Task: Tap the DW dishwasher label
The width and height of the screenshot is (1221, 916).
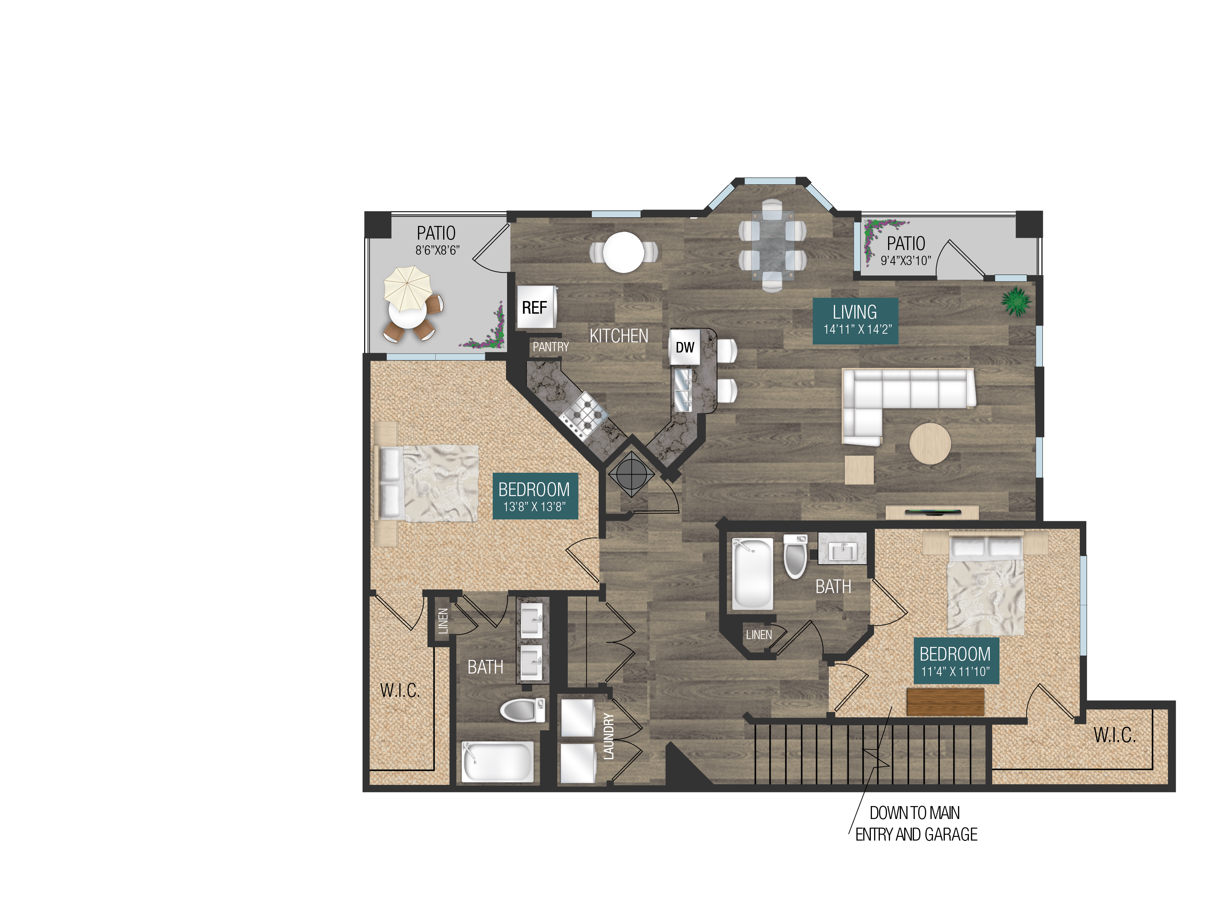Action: [684, 347]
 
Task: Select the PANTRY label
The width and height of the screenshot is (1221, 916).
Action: [550, 347]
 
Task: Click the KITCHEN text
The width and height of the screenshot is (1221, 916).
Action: [619, 336]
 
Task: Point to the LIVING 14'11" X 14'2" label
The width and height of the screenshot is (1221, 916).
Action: [855, 321]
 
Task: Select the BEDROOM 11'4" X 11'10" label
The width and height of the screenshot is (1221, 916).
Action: [955, 661]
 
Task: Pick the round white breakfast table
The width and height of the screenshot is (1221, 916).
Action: [623, 252]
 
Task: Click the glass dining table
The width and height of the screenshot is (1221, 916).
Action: [773, 245]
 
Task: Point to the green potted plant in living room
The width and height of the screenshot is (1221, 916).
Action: [1016, 301]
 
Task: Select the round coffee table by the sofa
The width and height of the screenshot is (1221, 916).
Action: [930, 443]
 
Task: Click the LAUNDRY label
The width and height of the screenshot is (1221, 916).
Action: [608, 736]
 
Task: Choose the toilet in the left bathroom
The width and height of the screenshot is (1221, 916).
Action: [522, 710]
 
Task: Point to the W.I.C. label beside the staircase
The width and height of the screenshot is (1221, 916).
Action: [1114, 735]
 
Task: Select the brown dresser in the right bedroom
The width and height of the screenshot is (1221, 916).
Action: [945, 701]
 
